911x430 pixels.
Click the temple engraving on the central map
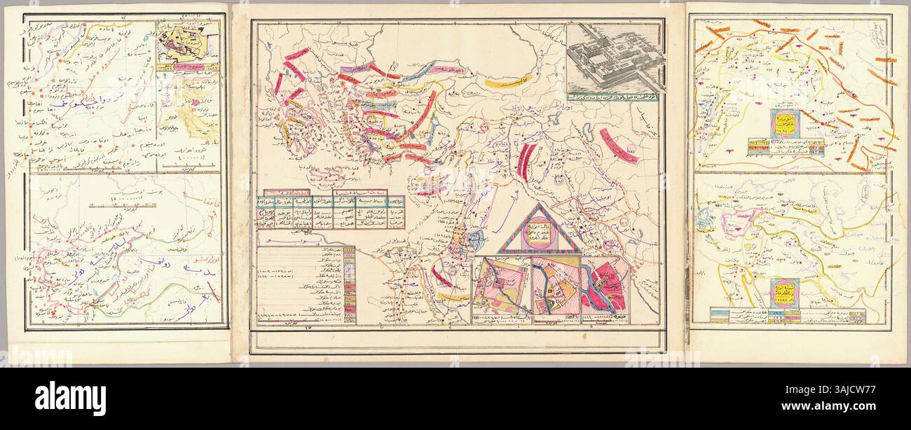614,59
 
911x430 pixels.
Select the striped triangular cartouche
538,230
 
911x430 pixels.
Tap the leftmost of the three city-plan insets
500,286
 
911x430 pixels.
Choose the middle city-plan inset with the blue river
554,289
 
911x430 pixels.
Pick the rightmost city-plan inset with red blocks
604,288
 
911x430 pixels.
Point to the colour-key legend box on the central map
306,284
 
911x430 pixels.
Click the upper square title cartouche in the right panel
786,123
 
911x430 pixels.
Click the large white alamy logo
70,398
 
